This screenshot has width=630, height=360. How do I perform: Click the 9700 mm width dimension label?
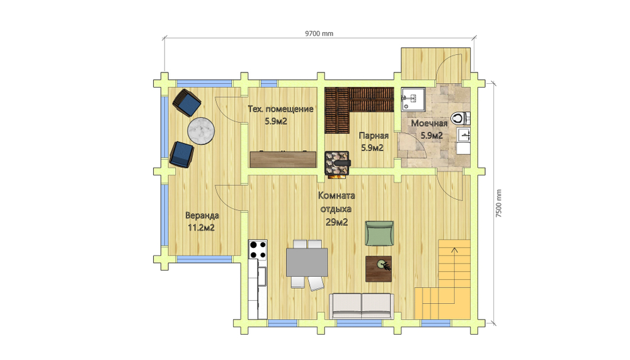(319, 33)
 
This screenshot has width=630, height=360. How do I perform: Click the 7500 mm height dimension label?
(498, 204)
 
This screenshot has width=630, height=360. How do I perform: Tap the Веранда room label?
(202, 216)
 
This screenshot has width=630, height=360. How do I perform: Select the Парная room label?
(374, 136)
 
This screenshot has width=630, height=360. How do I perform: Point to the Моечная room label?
(429, 124)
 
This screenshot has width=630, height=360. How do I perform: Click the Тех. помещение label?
(280, 109)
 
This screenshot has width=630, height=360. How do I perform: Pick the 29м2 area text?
(336, 222)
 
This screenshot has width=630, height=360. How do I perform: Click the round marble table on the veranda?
(201, 131)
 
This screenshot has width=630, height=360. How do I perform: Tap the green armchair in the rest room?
(379, 233)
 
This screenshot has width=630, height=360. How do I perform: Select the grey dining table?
(307, 262)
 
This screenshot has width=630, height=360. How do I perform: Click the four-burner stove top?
(258, 250)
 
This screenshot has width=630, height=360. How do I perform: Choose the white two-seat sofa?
(362, 306)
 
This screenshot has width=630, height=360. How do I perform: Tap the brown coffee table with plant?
(379, 269)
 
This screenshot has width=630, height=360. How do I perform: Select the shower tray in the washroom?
(413, 99)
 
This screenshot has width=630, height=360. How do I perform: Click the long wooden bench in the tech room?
(283, 159)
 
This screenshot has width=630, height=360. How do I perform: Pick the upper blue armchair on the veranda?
(187, 103)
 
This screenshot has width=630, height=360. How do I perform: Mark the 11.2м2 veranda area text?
(202, 228)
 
